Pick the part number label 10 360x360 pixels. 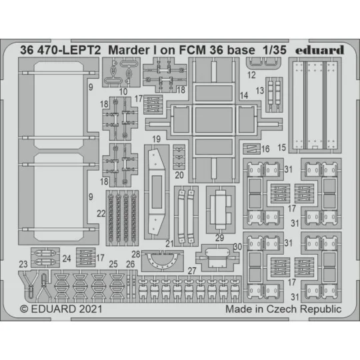pos(123,90)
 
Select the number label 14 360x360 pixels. pos(244,96)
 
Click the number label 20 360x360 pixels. pos(179,175)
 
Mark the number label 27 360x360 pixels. pos(192,270)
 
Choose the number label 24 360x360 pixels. pos(66,259)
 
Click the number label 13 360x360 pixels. pos(261,90)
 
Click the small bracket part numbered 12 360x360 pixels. pos(258,63)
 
